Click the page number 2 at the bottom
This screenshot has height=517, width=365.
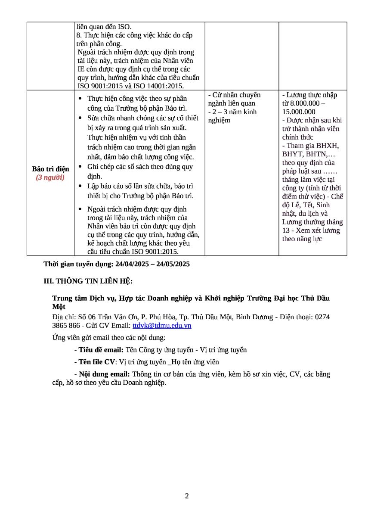point(187,496)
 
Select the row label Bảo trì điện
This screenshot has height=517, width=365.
point(50,169)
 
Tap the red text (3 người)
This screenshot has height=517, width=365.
point(50,178)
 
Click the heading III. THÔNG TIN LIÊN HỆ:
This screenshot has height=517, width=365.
point(88,281)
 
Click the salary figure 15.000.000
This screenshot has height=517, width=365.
point(299,112)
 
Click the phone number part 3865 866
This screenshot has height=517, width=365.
point(66,325)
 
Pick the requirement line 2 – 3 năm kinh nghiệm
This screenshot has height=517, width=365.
point(232,116)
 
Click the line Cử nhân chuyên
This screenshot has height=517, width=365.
point(234,95)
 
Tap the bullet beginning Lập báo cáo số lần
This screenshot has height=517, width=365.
point(140,186)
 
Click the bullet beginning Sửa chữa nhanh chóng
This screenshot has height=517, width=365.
point(142,118)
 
